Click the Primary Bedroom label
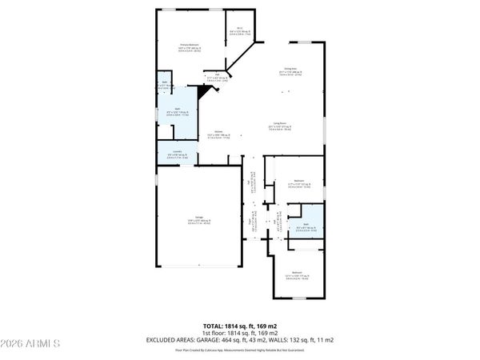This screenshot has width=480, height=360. click(x=189, y=46)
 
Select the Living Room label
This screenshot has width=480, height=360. click(x=279, y=125)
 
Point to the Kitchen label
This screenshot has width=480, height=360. click(x=218, y=134)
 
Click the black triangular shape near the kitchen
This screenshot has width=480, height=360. click(x=206, y=93)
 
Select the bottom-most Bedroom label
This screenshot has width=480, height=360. click(x=297, y=276)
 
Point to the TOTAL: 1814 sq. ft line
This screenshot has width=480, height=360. click(x=240, y=326)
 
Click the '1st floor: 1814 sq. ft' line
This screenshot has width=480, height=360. click(x=240, y=332)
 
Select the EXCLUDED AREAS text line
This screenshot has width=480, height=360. click(x=240, y=339)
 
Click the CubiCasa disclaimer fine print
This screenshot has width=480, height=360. click(x=240, y=350)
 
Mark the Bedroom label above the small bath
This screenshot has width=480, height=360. click(x=298, y=182)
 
